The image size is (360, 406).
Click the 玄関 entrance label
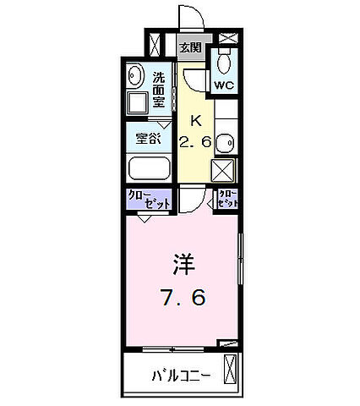click(x=189, y=47)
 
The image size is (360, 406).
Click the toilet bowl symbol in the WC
click(x=225, y=63)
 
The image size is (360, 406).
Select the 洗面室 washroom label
click(x=159, y=87)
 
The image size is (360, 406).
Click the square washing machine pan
click(x=137, y=106)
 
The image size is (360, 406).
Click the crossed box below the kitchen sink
click(x=224, y=172)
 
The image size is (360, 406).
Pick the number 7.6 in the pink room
click(x=184, y=298)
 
